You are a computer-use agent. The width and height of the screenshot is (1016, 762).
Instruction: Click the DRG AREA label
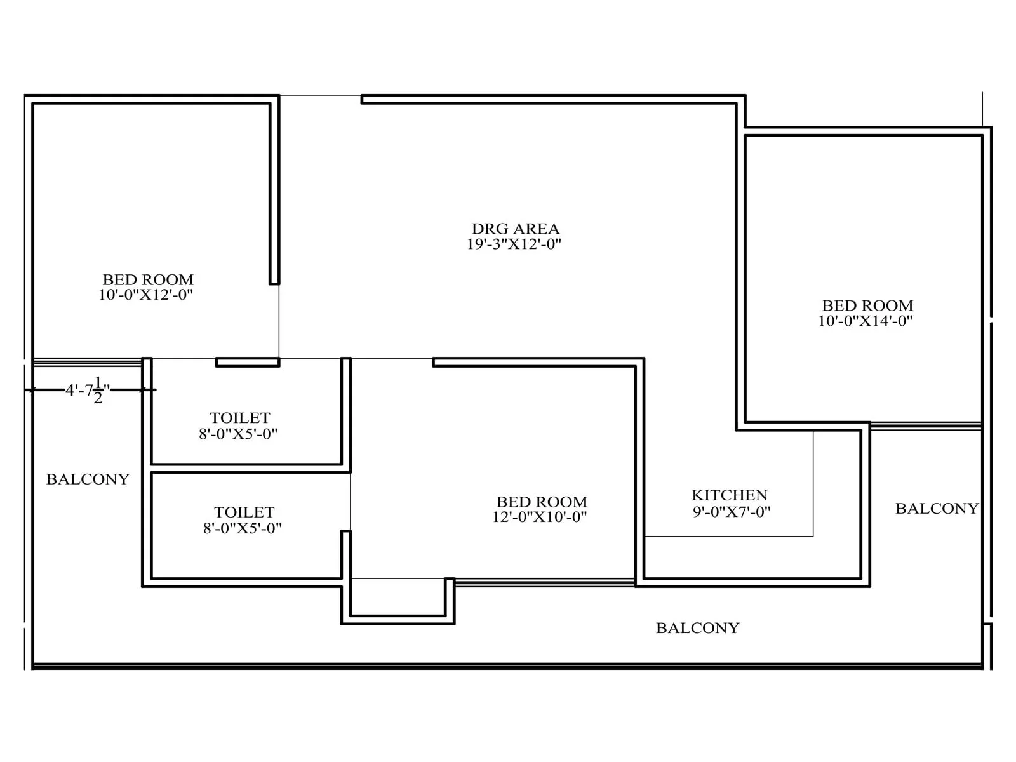point(515,229)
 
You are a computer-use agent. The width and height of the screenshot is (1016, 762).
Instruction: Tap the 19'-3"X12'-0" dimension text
point(514,244)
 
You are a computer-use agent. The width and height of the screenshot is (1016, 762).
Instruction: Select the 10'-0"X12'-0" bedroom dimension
point(145,295)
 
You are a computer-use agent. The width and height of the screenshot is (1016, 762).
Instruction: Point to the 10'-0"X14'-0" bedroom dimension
point(865,321)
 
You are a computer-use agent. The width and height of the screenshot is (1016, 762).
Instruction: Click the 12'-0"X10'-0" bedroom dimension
point(539,517)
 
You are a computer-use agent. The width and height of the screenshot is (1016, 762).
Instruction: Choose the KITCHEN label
point(730,495)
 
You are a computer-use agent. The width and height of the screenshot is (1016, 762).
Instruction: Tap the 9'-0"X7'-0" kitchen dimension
point(732,512)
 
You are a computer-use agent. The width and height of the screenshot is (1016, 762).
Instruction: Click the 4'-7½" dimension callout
point(88,390)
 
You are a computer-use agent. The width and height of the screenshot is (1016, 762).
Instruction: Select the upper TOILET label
point(240,418)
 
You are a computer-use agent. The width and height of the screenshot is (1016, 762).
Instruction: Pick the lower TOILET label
point(244,512)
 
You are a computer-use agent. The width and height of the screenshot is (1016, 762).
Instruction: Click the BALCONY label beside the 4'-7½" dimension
point(88,479)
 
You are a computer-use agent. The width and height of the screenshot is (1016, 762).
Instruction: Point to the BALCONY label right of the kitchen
point(937,509)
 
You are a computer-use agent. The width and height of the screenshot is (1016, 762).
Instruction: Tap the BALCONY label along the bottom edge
point(697,628)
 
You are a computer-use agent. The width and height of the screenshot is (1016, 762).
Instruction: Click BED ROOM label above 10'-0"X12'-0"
point(148,279)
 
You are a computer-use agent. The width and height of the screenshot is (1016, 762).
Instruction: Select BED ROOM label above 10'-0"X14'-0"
point(867,305)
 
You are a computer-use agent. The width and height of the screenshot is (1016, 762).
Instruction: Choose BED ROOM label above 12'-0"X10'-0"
point(542,502)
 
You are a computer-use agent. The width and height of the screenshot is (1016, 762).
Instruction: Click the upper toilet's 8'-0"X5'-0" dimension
point(238,434)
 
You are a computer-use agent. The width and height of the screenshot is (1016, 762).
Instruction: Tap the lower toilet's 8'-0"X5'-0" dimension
point(242,528)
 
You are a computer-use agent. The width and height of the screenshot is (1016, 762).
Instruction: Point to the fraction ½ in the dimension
point(98,390)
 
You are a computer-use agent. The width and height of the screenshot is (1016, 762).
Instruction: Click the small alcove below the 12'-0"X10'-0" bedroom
point(398,597)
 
